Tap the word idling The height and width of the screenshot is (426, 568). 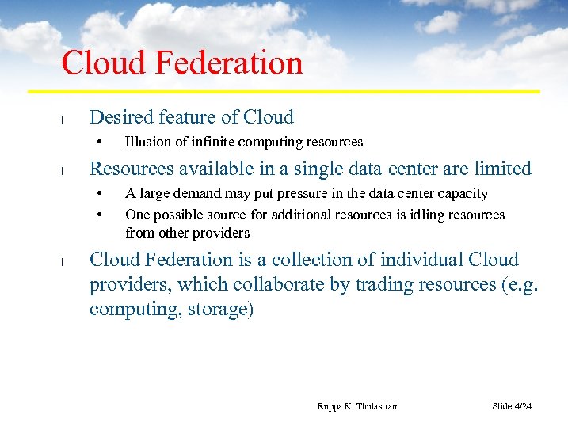[428, 215]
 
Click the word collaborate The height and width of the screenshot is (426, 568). [265, 284]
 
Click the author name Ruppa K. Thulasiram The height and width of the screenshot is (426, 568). [358, 406]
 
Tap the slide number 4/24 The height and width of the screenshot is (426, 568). [522, 406]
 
